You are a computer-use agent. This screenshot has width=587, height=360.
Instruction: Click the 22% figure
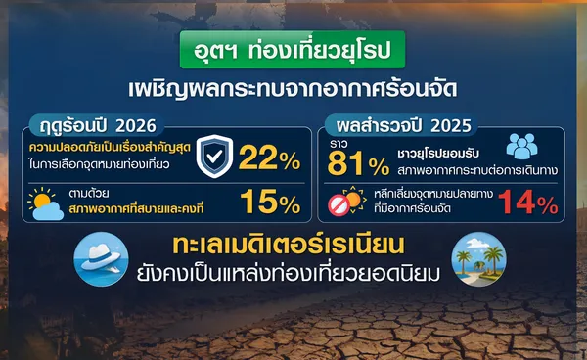click(270, 157)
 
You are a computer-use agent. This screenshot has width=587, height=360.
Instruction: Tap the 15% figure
click(270, 202)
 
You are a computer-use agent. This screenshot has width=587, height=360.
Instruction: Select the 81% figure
click(358, 164)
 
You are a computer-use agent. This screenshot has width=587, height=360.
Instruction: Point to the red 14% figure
click(528, 202)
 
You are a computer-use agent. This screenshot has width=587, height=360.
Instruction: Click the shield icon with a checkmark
click(214, 157)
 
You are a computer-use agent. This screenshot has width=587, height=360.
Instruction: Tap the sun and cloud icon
click(45, 203)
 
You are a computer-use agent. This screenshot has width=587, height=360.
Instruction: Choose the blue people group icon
click(521, 146)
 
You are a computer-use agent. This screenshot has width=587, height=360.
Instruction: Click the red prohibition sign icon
click(339, 204)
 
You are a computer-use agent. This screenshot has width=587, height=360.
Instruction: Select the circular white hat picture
click(101, 259)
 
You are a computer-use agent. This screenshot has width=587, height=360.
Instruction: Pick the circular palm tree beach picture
click(478, 259)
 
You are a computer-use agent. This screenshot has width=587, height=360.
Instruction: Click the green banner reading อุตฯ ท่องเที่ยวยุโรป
click(293, 50)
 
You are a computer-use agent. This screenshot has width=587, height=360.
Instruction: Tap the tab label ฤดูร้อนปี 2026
click(98, 126)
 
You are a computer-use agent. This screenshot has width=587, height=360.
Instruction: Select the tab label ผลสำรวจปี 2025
click(403, 126)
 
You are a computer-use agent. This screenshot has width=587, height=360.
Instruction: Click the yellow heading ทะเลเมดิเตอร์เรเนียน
click(289, 245)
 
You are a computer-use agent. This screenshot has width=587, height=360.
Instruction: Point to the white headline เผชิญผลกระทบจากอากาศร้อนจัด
click(293, 88)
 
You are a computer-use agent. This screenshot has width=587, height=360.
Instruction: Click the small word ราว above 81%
click(339, 144)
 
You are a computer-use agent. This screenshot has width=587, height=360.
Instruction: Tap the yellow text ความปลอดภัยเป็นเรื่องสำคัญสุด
click(110, 147)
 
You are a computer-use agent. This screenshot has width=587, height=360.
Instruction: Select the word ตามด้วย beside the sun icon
click(89, 194)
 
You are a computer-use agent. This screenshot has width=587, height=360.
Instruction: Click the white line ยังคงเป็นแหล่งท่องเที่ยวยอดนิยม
click(289, 274)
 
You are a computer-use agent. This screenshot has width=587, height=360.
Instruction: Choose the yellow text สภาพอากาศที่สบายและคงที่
click(136, 208)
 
